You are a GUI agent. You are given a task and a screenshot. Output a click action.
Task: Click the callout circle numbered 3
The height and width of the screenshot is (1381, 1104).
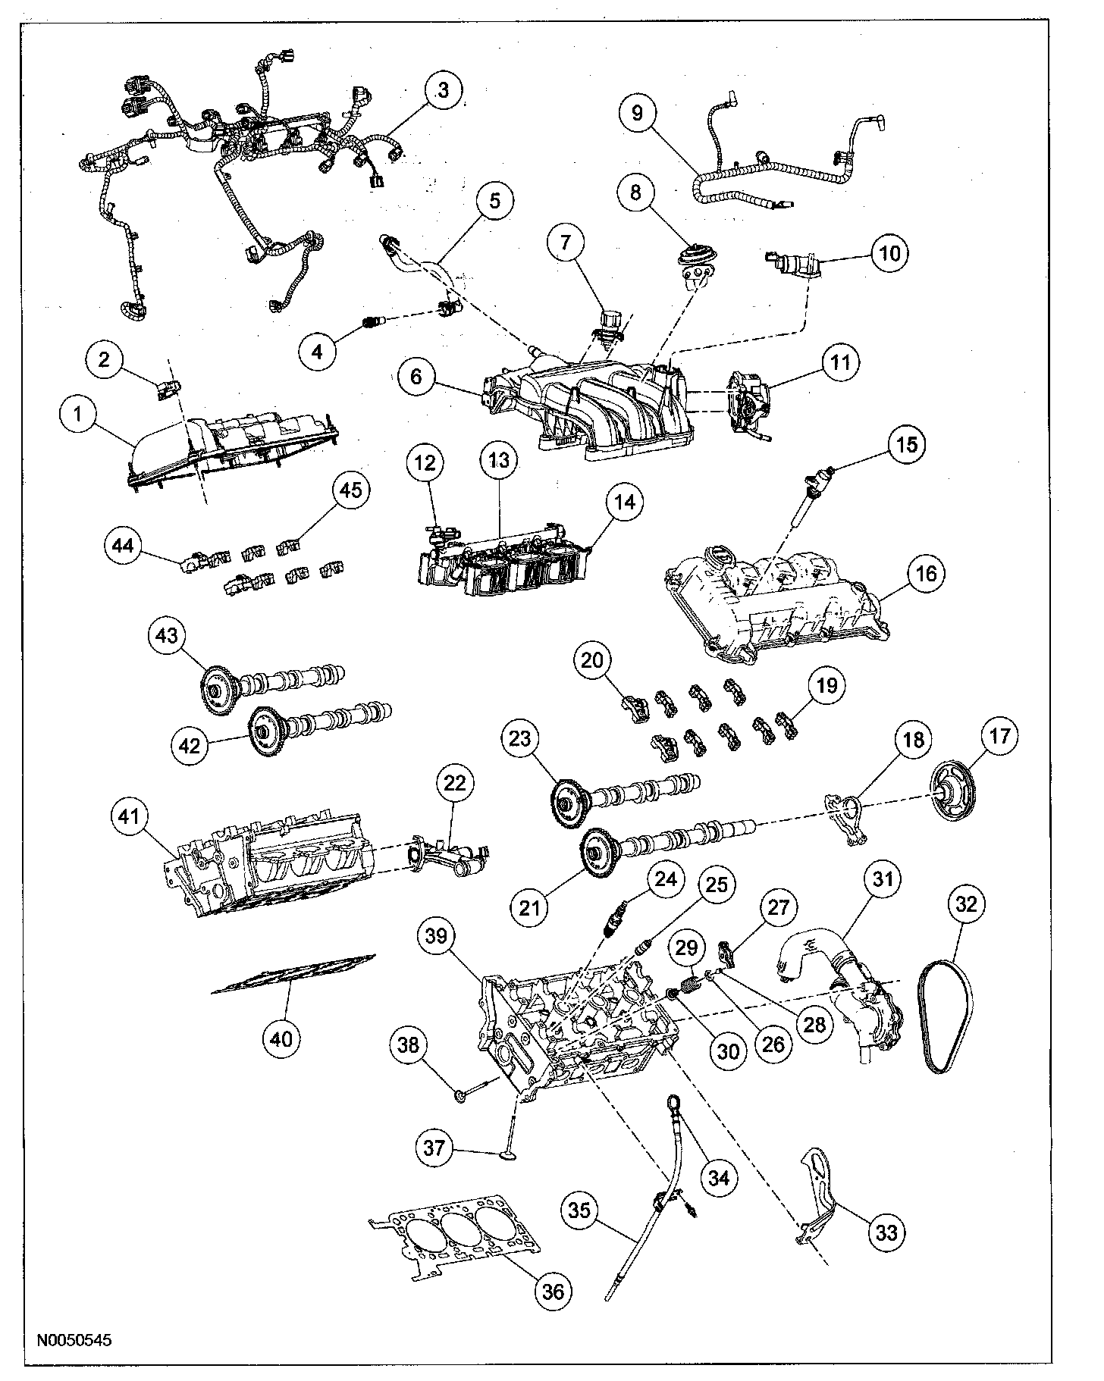(x=443, y=90)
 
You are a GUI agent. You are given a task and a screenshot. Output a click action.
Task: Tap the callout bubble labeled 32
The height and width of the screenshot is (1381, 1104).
(x=968, y=903)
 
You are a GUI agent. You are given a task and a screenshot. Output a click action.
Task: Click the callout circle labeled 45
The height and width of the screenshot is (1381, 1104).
(x=350, y=490)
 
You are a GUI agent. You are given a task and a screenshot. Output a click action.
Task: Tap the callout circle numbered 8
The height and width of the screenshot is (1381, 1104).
(x=636, y=193)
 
